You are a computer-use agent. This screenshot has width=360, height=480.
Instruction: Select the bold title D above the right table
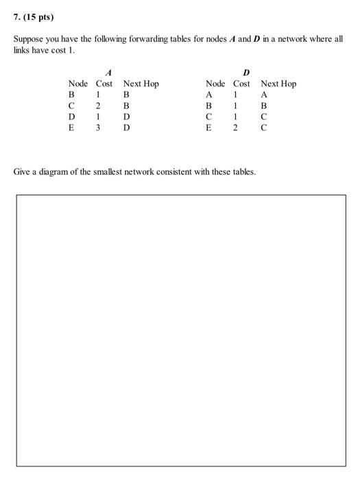click(247, 71)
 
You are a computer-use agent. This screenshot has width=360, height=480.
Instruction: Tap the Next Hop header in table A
click(141, 84)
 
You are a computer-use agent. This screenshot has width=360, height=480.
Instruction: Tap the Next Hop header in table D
click(278, 84)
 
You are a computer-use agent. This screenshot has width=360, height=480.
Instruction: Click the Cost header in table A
click(104, 84)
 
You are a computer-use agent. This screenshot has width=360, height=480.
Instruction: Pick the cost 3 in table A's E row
click(99, 127)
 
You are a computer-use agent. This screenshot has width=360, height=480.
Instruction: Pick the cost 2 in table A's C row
click(99, 106)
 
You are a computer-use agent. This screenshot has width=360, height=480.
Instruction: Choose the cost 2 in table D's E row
click(236, 127)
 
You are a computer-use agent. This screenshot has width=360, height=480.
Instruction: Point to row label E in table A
click(71, 127)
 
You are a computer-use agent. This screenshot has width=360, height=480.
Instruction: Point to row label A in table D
click(209, 95)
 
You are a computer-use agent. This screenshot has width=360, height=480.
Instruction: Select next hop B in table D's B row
click(264, 106)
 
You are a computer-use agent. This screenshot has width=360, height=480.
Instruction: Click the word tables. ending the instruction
click(243, 171)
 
